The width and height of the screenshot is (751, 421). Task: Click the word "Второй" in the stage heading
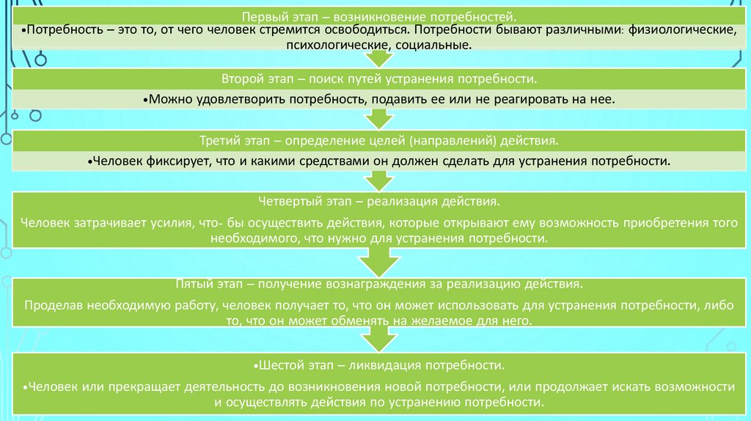coord(243,78)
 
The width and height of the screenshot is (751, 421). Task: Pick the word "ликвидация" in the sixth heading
coord(398,365)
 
